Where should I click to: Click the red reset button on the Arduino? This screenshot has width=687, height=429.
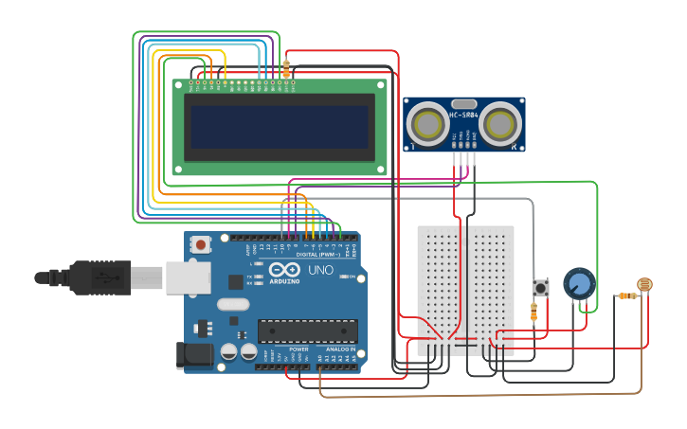(200, 244)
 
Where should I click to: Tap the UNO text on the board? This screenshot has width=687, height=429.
(321, 270)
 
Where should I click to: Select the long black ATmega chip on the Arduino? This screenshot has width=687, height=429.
(307, 331)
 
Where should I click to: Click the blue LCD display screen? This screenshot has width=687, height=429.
(279, 126)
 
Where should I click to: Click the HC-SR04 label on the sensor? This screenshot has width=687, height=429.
(464, 116)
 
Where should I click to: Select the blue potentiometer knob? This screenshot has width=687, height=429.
(579, 283)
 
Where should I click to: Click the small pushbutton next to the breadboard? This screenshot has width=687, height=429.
(541, 287)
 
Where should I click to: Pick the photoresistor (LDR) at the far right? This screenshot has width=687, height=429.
(644, 284)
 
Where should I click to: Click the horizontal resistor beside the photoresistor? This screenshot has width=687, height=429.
(626, 296)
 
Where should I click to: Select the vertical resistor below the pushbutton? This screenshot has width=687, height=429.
(534, 313)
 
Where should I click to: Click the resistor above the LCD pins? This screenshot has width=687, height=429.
(286, 67)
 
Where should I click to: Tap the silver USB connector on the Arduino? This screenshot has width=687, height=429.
(187, 277)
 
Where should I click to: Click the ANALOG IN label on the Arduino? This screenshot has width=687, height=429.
(340, 349)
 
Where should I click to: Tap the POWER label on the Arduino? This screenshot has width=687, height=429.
(298, 349)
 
